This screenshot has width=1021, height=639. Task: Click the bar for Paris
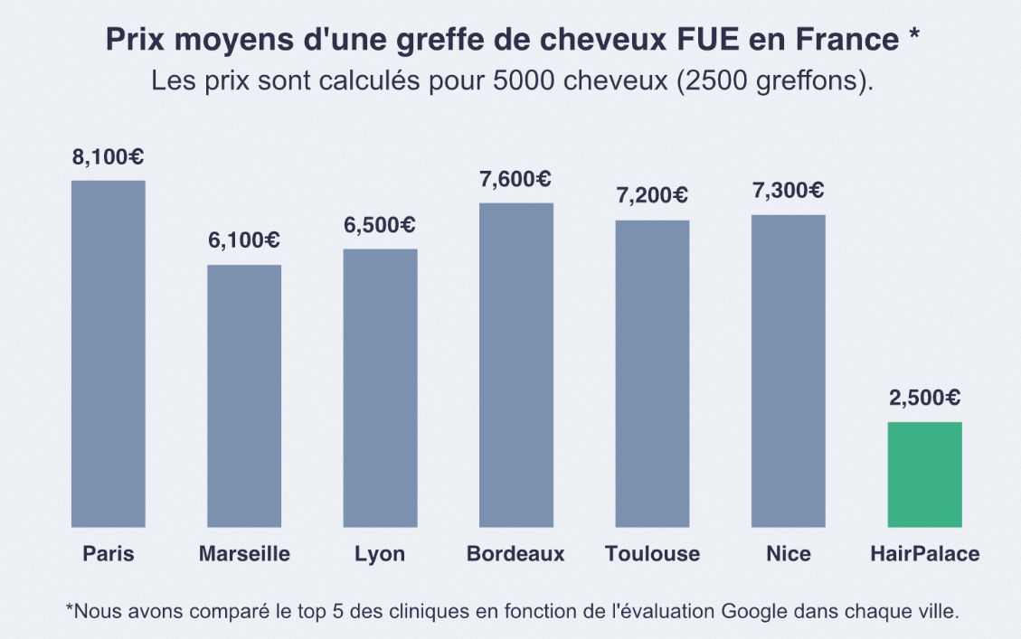coord(109,353)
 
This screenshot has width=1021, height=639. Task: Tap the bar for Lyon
coord(380,388)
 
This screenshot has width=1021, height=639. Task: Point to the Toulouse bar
coord(652,373)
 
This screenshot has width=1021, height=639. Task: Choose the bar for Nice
coord(788,371)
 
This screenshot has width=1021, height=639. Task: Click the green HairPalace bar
coord(924,475)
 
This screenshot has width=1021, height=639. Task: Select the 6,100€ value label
coord(244,240)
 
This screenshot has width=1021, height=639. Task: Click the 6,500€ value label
coord(380,225)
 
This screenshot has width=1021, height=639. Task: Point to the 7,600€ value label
coord(515,179)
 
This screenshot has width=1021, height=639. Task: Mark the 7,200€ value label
coord(652,195)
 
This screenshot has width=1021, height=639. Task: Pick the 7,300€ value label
coord(788,191)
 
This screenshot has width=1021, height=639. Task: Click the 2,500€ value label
coord(924,398)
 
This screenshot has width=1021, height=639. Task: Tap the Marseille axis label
coord(244,554)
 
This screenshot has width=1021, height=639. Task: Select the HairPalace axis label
coord(924,554)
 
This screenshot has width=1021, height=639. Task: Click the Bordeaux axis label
coord(515,554)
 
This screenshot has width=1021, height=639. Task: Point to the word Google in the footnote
coord(754,611)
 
